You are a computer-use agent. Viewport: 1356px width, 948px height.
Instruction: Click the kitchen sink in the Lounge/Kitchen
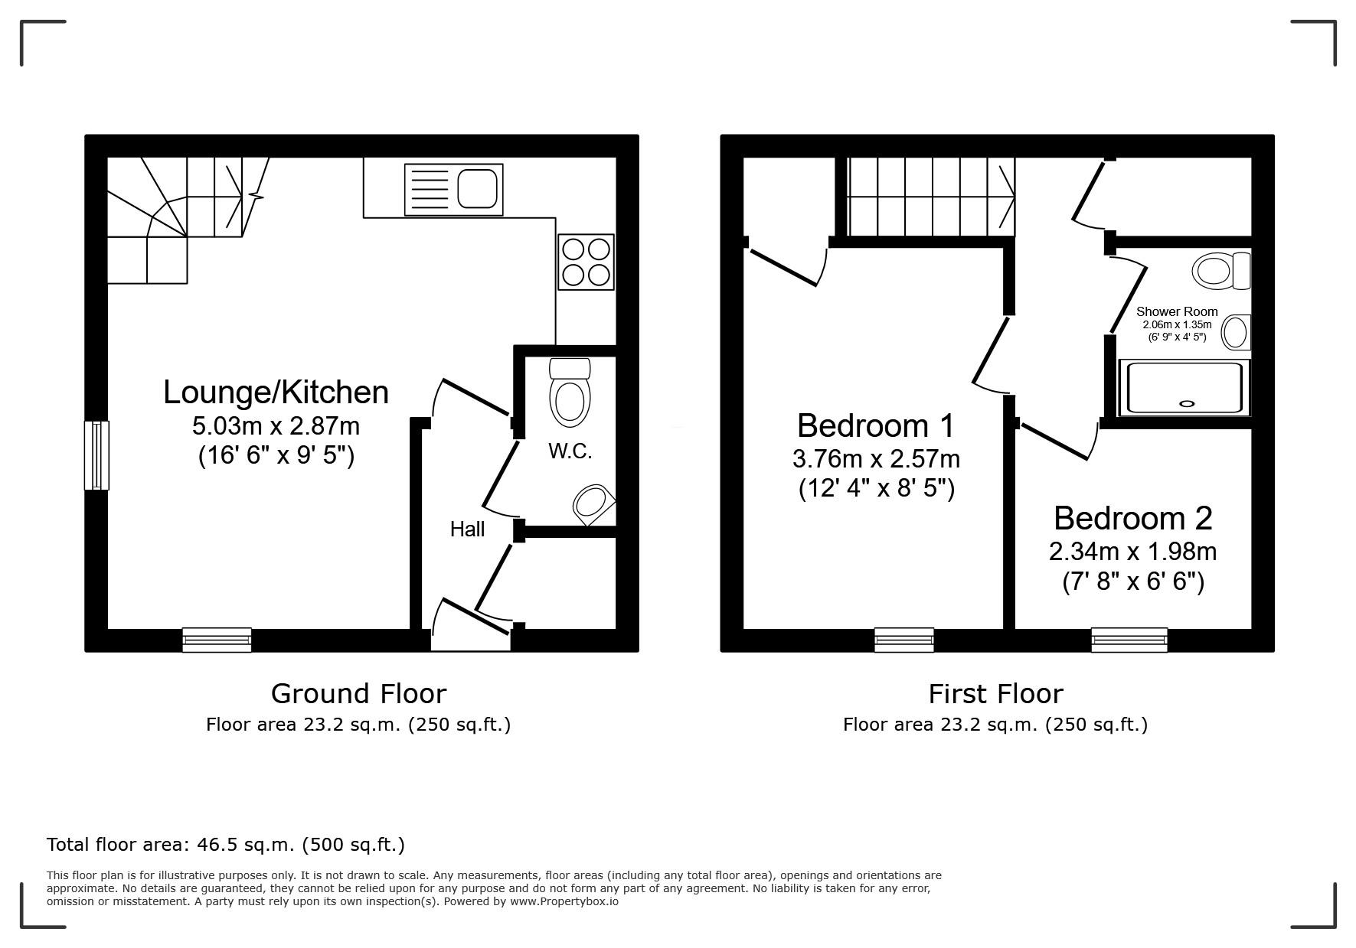coord(453,189)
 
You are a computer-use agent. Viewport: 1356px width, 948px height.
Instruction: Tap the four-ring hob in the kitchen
coord(586,262)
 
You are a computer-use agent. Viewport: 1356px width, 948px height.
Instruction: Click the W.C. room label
coord(570,451)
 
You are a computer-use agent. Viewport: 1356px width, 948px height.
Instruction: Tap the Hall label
coord(467,529)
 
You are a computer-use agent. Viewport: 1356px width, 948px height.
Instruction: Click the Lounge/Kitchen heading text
coord(276,392)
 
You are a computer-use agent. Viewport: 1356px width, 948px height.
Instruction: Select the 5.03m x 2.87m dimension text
coord(276,425)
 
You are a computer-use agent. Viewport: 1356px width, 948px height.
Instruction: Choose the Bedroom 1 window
coord(903,640)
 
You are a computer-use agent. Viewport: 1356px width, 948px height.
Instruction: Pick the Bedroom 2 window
coord(1129,640)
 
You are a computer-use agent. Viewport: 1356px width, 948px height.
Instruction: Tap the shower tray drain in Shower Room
coord(1187,403)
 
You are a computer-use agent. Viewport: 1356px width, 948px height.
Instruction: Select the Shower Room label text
coord(1176,311)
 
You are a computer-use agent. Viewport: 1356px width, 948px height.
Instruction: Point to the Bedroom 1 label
coord(876,425)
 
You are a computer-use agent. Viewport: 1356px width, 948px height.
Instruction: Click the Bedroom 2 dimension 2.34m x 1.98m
coord(1132,551)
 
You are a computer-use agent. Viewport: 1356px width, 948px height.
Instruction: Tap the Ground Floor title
coord(358,694)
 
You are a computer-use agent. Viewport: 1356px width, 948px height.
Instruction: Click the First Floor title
coord(995,694)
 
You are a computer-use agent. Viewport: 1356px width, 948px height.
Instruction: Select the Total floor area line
coord(226,845)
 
